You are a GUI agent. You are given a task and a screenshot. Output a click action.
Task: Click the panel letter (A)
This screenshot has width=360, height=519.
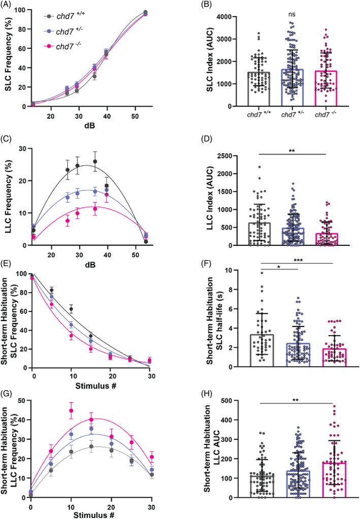[x=11, y=6]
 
